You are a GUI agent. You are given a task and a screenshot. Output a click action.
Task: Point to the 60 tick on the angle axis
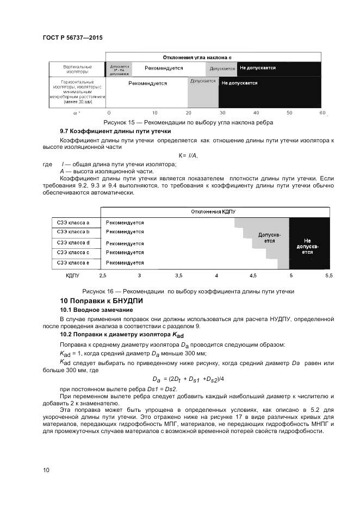tap(322, 112)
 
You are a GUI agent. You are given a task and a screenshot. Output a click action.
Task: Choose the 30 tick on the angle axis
tap(222, 112)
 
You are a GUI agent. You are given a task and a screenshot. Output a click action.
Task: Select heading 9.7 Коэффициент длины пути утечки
tap(115, 131)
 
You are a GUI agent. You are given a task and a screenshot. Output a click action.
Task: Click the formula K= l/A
tap(188, 156)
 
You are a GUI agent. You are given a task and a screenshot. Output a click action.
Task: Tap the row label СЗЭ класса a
tap(73, 223)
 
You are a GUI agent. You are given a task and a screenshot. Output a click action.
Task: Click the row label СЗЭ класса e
tap(73, 263)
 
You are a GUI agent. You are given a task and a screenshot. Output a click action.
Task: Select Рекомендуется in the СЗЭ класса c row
tap(125, 253)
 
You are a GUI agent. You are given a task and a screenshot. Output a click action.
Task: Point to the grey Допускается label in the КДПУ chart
tap(270, 237)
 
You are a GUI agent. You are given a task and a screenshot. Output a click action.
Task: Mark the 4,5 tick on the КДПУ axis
tap(253, 277)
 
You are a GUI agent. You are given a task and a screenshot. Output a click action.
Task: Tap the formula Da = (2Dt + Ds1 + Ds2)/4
tap(188, 379)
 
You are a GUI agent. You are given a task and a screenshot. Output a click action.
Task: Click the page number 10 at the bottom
tap(46, 470)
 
